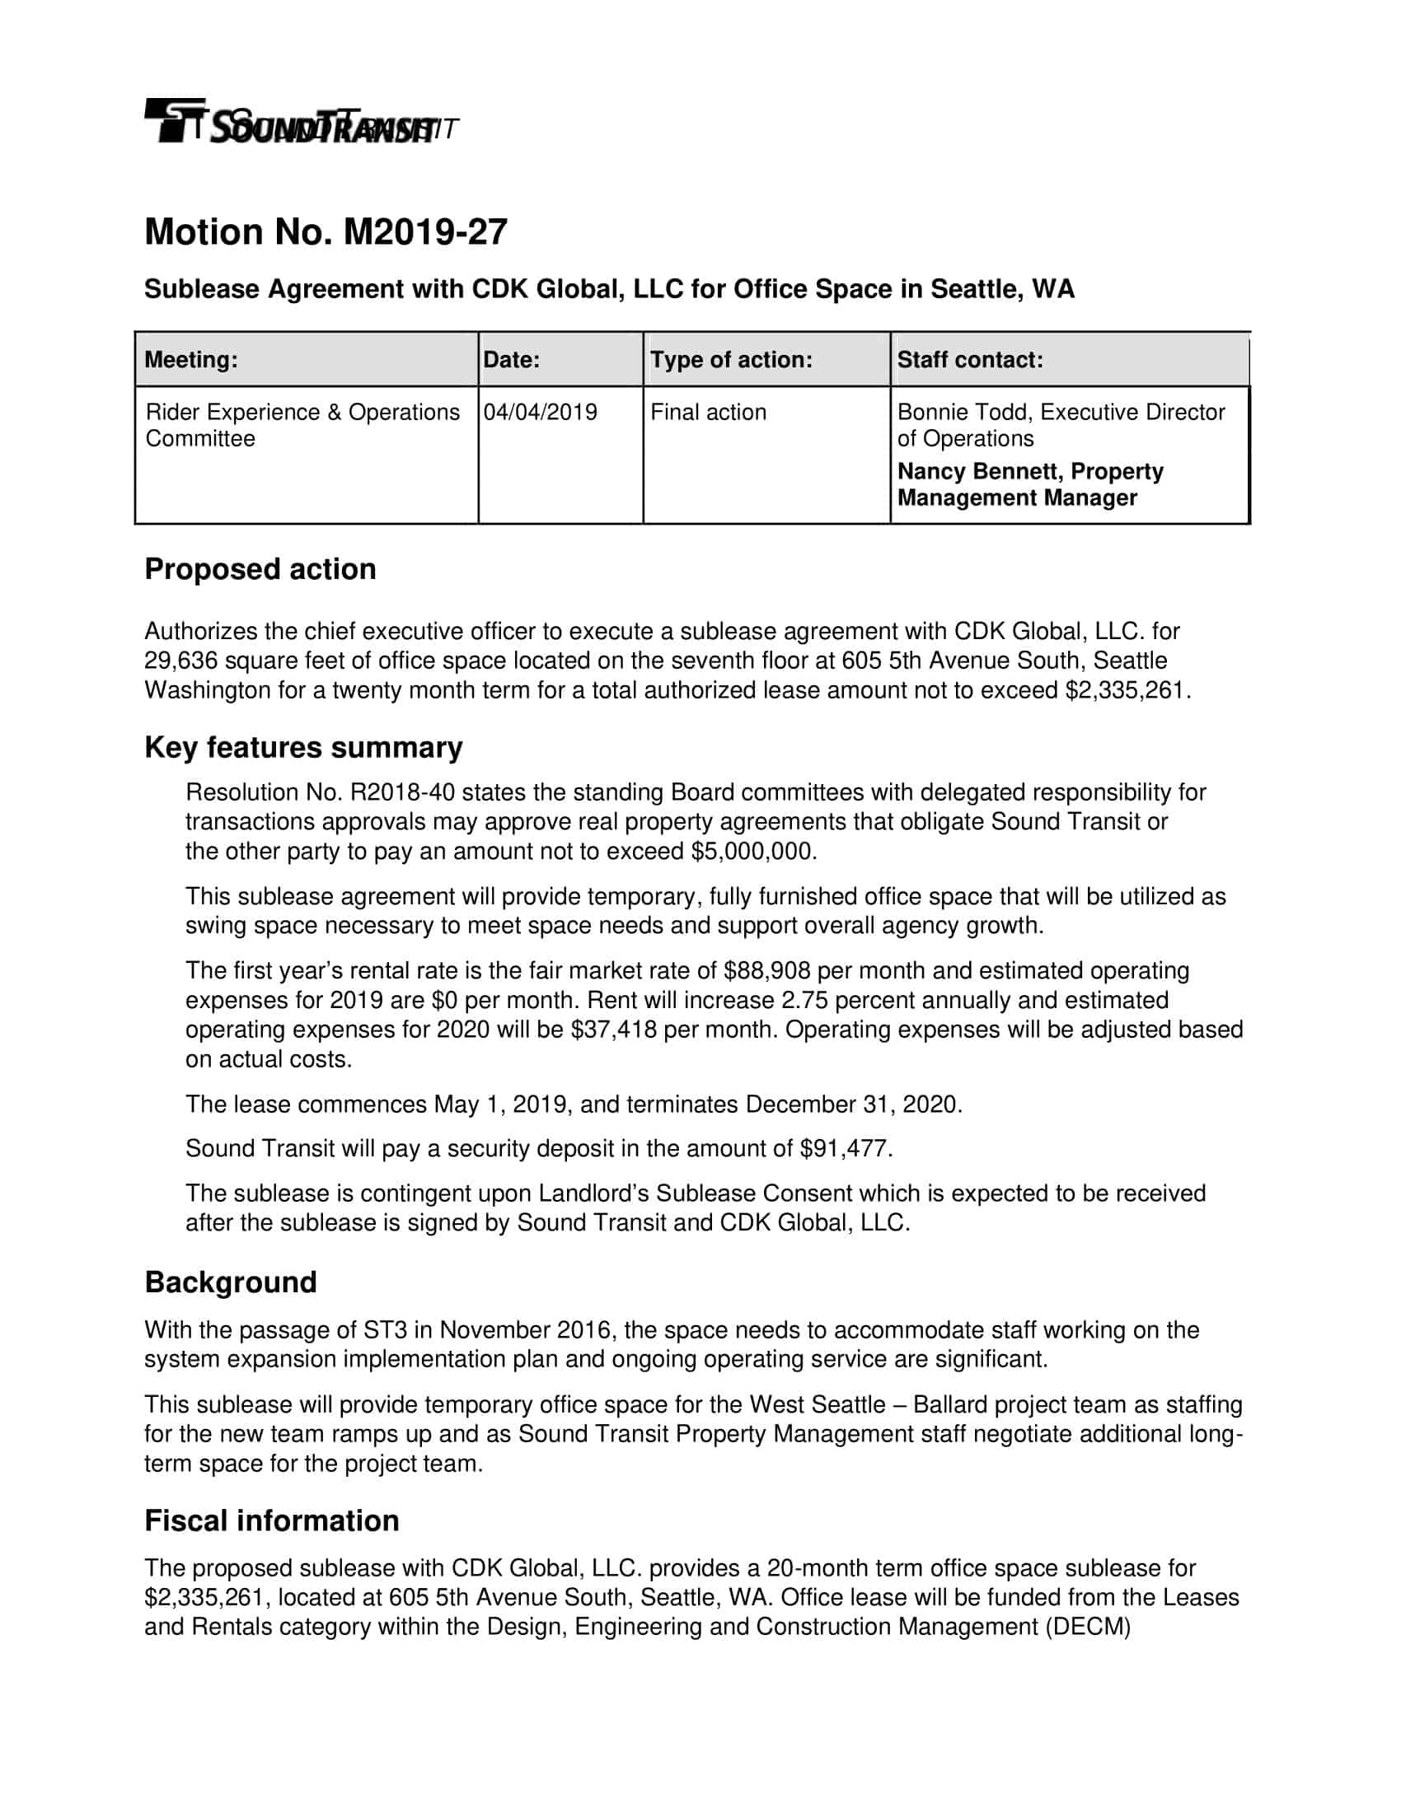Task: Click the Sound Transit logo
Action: pos(299,123)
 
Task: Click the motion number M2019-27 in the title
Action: pos(424,232)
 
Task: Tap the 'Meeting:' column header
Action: pos(191,360)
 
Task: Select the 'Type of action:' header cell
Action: pos(730,360)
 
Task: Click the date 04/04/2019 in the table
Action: pos(541,413)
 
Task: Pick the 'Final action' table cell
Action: pos(708,413)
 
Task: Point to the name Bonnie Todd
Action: pos(961,413)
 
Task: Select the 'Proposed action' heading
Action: pos(260,569)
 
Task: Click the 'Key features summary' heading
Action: pos(303,748)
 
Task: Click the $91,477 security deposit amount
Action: pos(845,1149)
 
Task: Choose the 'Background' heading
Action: pos(231,1282)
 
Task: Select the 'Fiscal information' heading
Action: pos(271,1520)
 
